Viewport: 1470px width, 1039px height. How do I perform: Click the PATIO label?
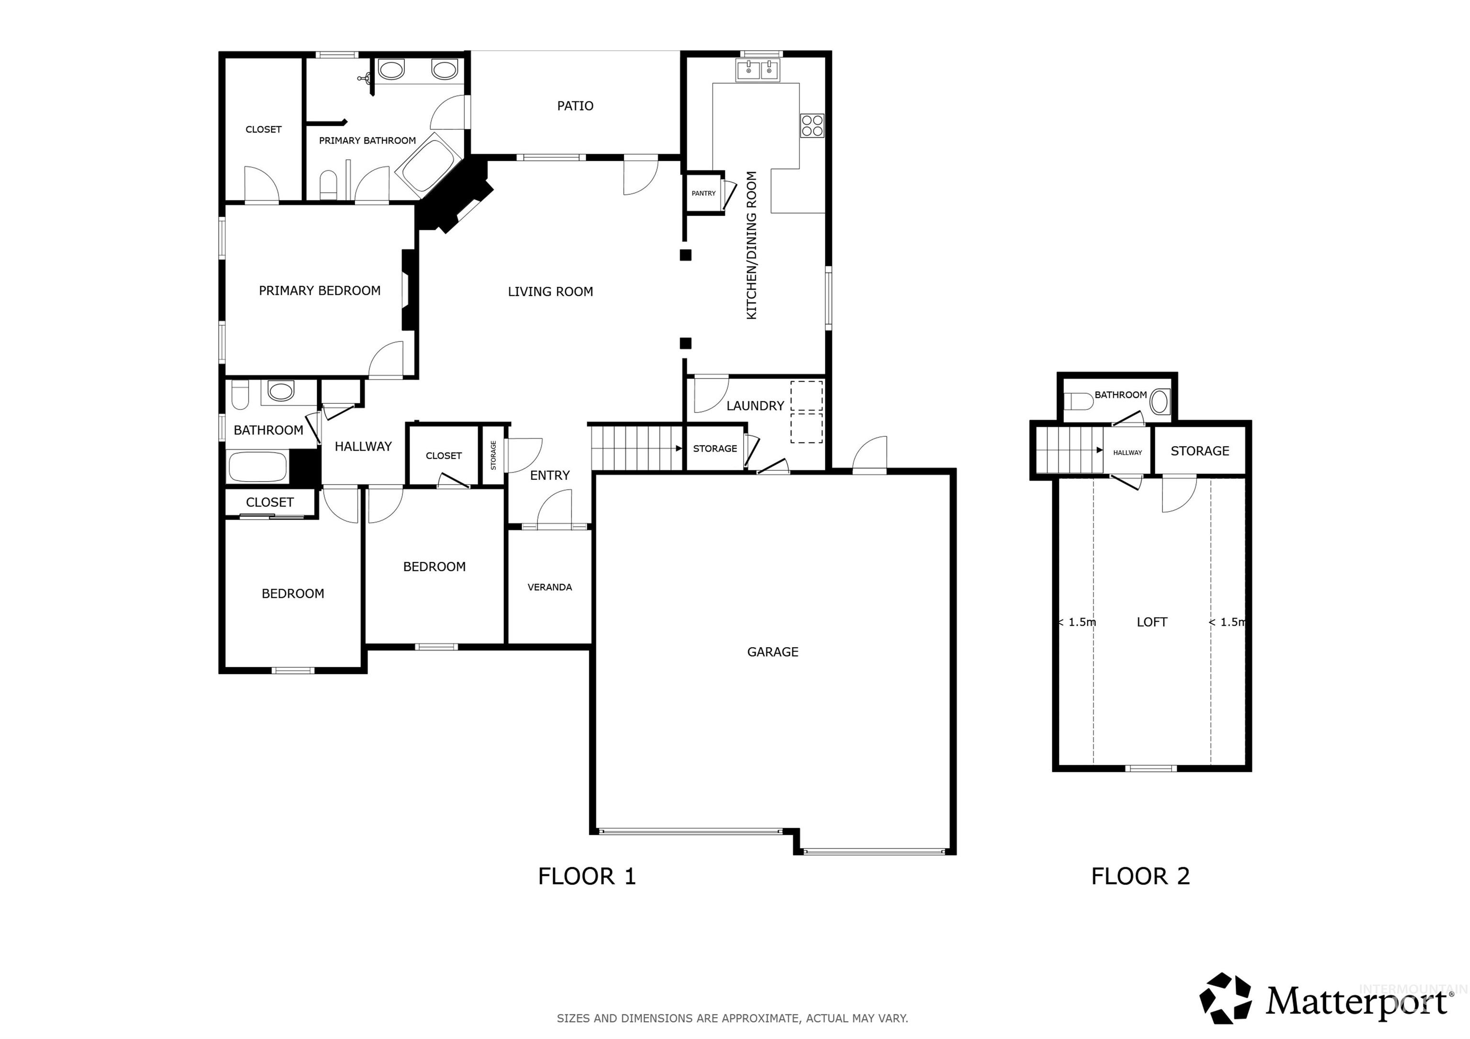tap(575, 106)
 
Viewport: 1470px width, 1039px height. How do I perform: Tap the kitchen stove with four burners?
tap(812, 125)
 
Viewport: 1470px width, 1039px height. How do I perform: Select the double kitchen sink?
tap(758, 70)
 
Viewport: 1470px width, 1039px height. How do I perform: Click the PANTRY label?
tap(703, 193)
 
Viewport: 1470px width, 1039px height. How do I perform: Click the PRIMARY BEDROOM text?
tap(320, 291)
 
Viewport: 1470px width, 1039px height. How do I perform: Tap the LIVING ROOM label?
tap(550, 292)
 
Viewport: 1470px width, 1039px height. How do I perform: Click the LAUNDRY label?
tap(755, 406)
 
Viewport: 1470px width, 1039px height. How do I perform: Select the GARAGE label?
tap(772, 652)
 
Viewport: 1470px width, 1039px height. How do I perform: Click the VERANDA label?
tap(549, 587)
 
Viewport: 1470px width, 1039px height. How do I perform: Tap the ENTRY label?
tap(549, 475)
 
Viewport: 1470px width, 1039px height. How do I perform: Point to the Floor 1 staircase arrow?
tap(678, 449)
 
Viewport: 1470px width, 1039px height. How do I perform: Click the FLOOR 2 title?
tap(1140, 876)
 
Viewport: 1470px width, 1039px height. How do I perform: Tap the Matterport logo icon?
tap(1225, 999)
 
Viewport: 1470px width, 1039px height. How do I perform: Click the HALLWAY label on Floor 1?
tap(363, 447)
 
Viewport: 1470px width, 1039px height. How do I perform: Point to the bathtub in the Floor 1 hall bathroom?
tap(257, 467)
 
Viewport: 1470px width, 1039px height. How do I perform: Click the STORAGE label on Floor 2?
tap(1199, 451)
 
